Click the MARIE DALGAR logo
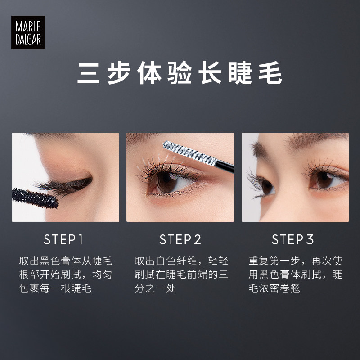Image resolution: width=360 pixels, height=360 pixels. coord(28,32)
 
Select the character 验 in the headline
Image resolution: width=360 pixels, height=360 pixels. coord(180,73)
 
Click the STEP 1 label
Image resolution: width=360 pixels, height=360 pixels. coord(64,239)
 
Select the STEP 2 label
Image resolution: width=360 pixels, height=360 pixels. coord(180,239)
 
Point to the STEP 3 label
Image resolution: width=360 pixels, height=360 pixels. coord(293,239)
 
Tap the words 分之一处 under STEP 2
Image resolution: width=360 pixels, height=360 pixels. coord(155,288)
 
